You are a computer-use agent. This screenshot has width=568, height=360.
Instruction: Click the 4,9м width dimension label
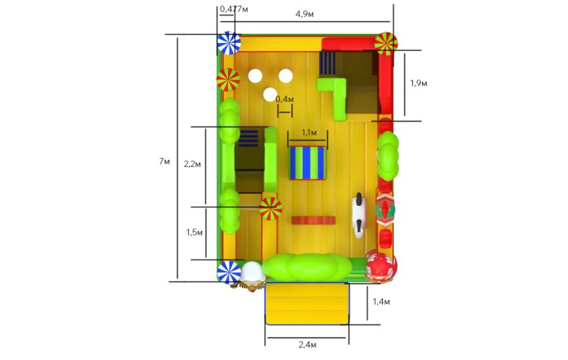click(x=304, y=14)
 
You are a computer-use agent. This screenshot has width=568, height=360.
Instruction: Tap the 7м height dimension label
click(x=164, y=161)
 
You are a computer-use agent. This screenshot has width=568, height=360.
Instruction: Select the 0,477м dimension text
click(x=234, y=9)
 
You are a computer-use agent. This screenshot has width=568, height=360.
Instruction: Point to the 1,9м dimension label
click(x=419, y=84)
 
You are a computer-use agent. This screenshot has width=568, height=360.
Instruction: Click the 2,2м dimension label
click(x=192, y=165)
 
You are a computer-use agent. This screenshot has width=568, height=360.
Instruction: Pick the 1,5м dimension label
click(x=194, y=232)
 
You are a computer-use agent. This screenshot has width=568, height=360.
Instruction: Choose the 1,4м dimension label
click(x=381, y=302)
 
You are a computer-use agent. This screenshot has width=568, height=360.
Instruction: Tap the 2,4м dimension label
click(x=308, y=345)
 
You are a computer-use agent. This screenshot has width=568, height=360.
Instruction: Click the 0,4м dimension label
click(x=285, y=99)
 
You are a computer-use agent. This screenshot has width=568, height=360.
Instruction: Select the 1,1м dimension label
click(x=308, y=133)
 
